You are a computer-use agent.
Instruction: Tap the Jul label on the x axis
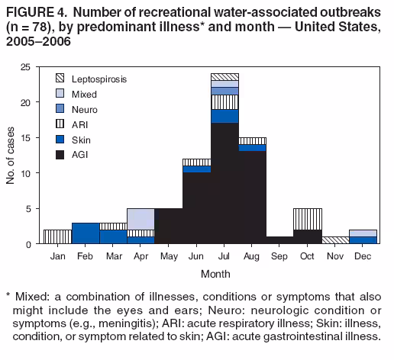coord(224,256)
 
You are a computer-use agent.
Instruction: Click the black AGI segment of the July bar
coord(224,183)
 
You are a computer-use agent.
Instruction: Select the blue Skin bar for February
coord(85,233)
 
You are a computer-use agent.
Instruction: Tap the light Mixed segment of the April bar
coord(141,219)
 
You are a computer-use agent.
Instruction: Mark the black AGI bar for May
coord(169,226)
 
